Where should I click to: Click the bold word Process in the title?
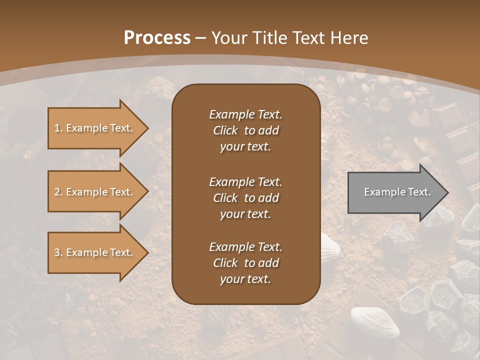click(x=157, y=38)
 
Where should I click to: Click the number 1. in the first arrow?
click(x=58, y=128)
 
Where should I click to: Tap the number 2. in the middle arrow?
click(x=58, y=192)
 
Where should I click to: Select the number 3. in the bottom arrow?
click(x=58, y=252)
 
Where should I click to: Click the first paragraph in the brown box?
click(x=245, y=130)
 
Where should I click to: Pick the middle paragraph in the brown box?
click(x=245, y=198)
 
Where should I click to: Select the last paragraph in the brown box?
click(x=245, y=263)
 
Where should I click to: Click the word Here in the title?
click(x=349, y=38)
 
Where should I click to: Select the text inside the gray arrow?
click(x=397, y=192)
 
